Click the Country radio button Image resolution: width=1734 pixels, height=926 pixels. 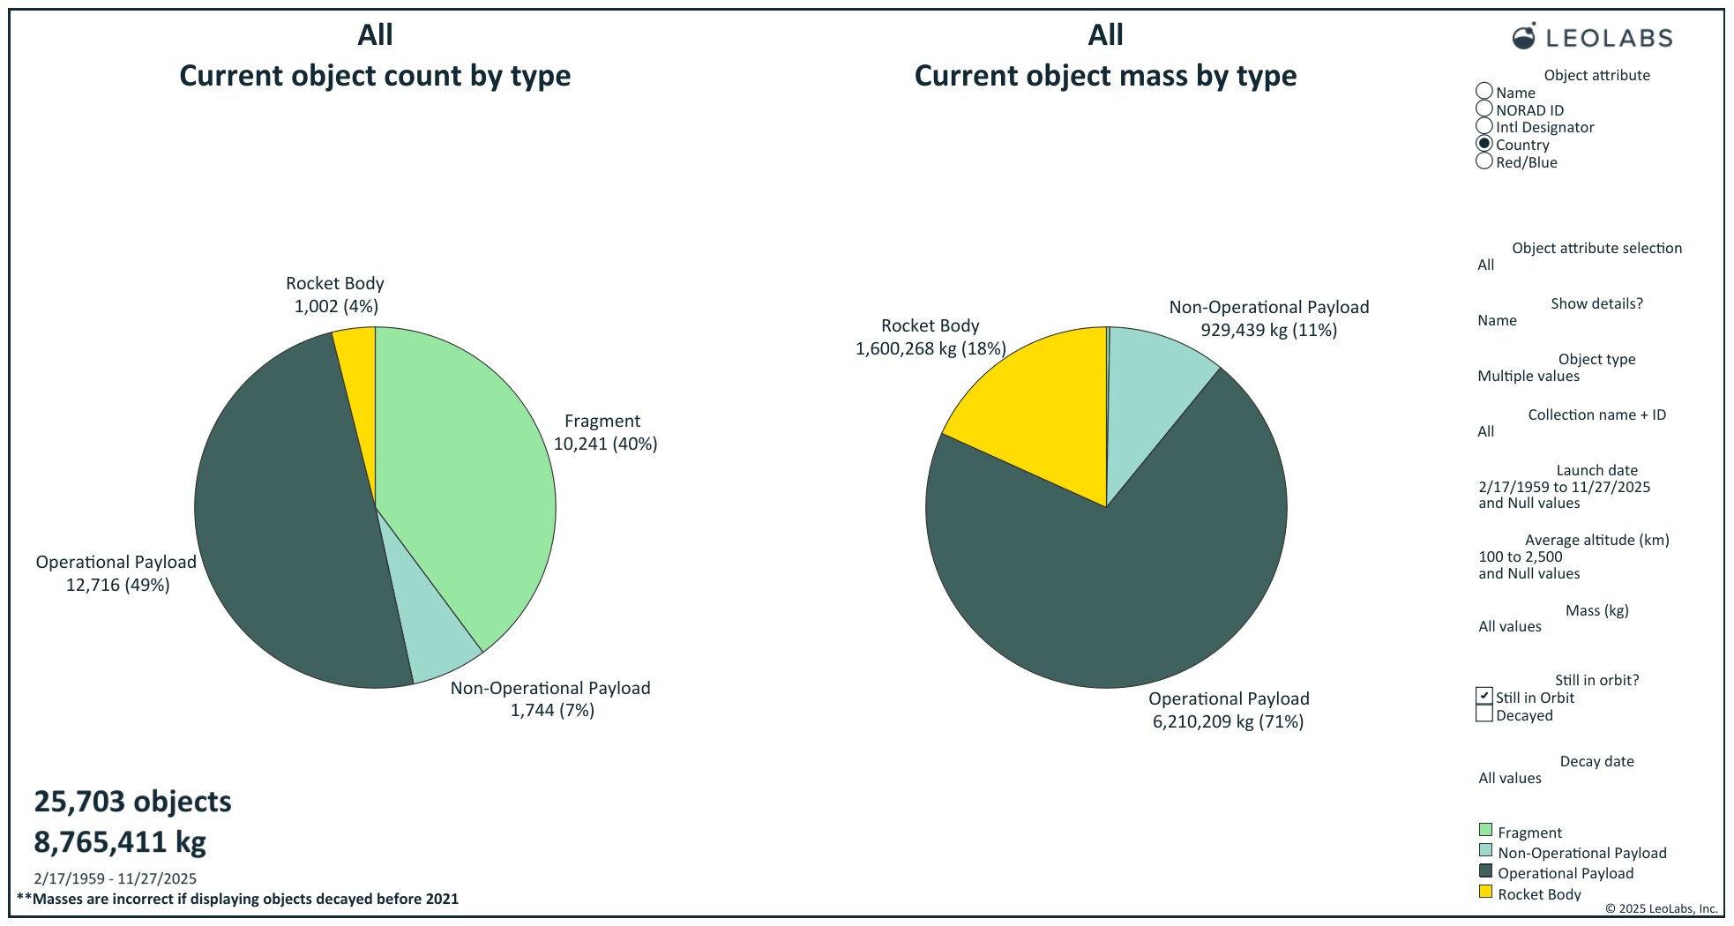tap(1484, 144)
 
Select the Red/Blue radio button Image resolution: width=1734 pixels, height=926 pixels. tap(1484, 161)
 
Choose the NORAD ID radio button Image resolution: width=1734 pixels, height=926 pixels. tap(1484, 109)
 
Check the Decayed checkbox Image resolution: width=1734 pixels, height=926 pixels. tap(1484, 714)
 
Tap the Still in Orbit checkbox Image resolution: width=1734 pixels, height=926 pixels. tap(1484, 697)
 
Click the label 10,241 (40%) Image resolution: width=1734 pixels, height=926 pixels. tap(605, 444)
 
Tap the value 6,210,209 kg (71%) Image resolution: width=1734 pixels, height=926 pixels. tap(1228, 721)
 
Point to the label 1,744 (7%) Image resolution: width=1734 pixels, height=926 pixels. tap(552, 710)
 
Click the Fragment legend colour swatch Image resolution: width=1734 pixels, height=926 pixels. tap(1485, 831)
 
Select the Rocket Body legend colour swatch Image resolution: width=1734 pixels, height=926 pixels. tap(1485, 892)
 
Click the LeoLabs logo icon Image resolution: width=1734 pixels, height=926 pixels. tap(1523, 36)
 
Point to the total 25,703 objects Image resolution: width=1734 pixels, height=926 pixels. tap(132, 801)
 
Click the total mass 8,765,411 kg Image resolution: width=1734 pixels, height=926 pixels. tap(120, 842)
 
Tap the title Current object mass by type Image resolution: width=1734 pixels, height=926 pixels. tap(1105, 76)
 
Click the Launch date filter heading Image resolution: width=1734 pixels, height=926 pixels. tap(1596, 470)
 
